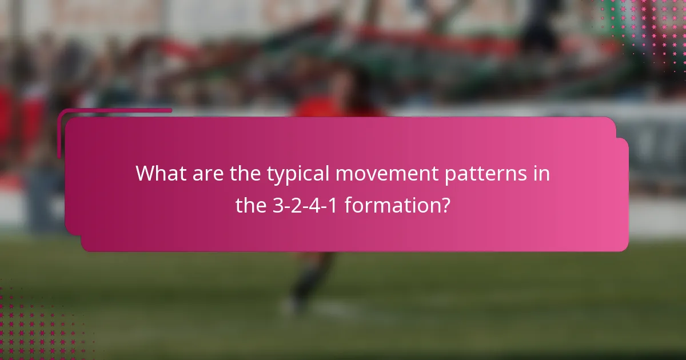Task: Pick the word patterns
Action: pos(485,174)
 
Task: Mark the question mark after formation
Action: pos(445,205)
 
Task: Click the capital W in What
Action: pos(146,173)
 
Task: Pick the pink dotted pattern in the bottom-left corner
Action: pos(34,326)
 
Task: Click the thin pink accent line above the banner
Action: pos(114,110)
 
